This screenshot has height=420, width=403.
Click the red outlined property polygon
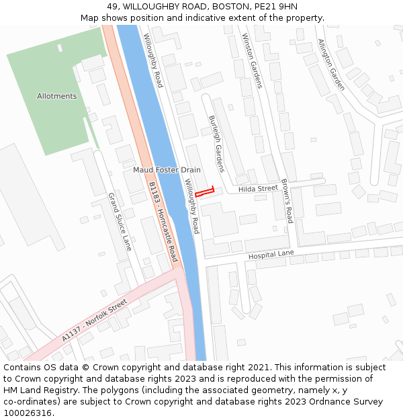(204, 192)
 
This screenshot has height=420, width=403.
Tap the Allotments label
(56, 96)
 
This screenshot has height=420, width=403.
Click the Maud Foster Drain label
(167, 170)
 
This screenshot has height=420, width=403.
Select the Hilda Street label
(258, 190)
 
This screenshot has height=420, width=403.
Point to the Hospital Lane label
(271, 255)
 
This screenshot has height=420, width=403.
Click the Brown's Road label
(286, 201)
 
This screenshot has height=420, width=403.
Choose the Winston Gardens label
(252, 61)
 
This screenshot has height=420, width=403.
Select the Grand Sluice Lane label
(120, 222)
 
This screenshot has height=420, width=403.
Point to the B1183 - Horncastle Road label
(163, 222)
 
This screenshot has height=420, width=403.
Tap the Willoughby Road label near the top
(153, 60)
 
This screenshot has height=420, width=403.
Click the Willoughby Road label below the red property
(192, 206)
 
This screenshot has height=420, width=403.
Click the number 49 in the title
(112, 7)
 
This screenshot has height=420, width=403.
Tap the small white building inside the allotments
(60, 48)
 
